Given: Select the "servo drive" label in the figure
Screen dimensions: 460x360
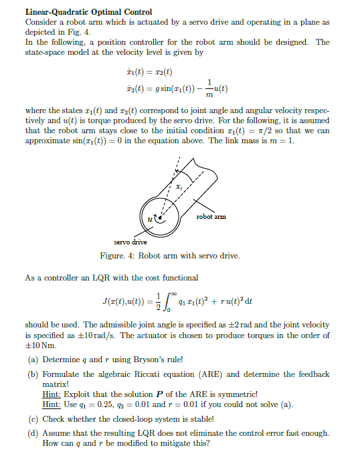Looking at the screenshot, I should [130, 242].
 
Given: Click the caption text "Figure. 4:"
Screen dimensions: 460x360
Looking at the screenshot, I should [118, 256].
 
